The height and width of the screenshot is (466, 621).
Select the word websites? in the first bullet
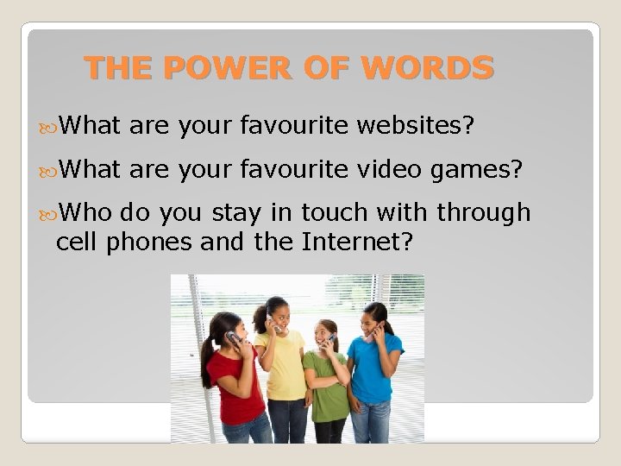[x=416, y=128]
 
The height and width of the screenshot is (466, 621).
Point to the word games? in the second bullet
[x=478, y=171]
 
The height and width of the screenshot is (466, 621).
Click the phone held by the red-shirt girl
[x=232, y=337]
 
